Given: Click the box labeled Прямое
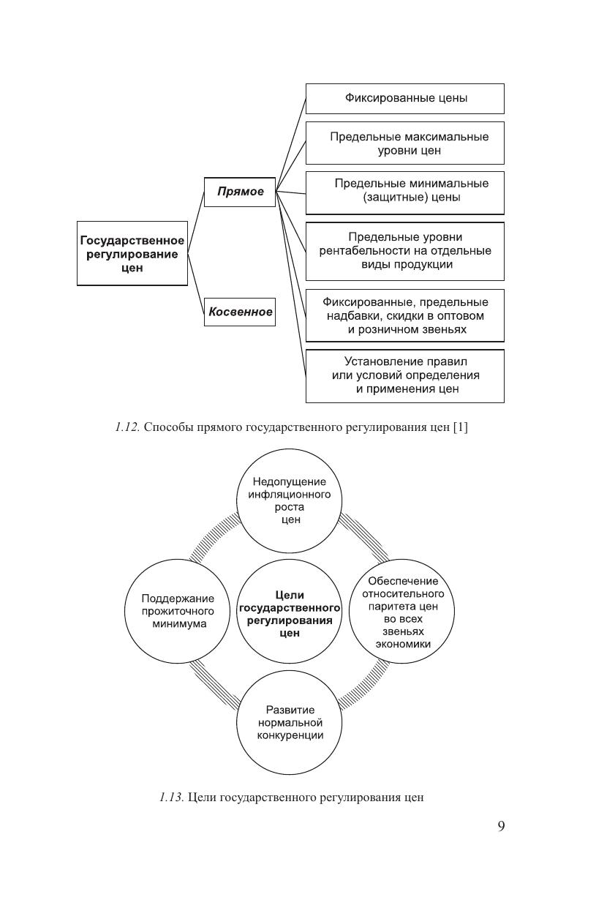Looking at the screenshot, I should (240, 192).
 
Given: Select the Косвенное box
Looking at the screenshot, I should (240, 312).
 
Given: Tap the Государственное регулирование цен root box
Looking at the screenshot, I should (132, 254).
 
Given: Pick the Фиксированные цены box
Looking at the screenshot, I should (404, 98).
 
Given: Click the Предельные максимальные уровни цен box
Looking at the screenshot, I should (404, 143).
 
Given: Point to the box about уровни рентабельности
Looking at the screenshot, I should (404, 251).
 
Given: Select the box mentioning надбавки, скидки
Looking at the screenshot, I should (404, 315).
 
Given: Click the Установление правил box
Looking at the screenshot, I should (404, 375).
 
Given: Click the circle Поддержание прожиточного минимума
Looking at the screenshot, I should (178, 612).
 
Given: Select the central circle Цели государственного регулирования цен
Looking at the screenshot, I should (290, 614).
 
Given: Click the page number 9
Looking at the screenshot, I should (501, 827).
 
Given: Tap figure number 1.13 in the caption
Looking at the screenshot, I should (172, 798).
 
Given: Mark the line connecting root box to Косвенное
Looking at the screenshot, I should (196, 282).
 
